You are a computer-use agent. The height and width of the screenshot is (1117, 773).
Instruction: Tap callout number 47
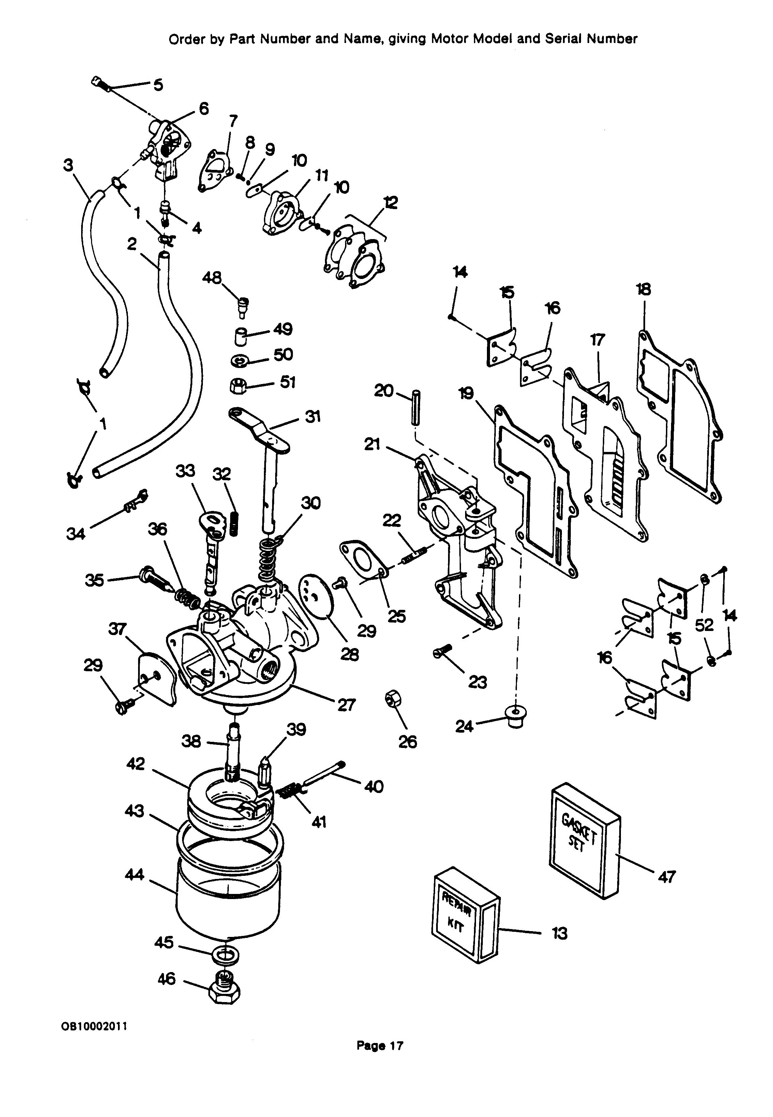pyautogui.click(x=667, y=876)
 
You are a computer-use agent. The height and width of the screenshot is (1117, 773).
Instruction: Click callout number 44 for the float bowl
pyautogui.click(x=134, y=874)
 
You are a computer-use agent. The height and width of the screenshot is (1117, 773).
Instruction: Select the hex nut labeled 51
pyautogui.click(x=236, y=387)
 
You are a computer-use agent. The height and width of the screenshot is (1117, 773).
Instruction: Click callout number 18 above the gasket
pyautogui.click(x=643, y=289)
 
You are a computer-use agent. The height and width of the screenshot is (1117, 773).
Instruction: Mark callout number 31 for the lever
pyautogui.click(x=312, y=416)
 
